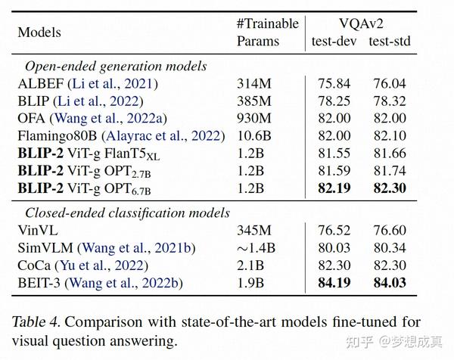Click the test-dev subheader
(334, 41)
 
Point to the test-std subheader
(390, 41)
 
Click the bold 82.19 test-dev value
(335, 188)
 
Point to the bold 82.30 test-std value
(390, 188)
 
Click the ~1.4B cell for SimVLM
(254, 248)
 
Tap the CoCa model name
(34, 265)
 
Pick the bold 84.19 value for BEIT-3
(335, 283)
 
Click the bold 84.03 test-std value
(390, 283)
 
